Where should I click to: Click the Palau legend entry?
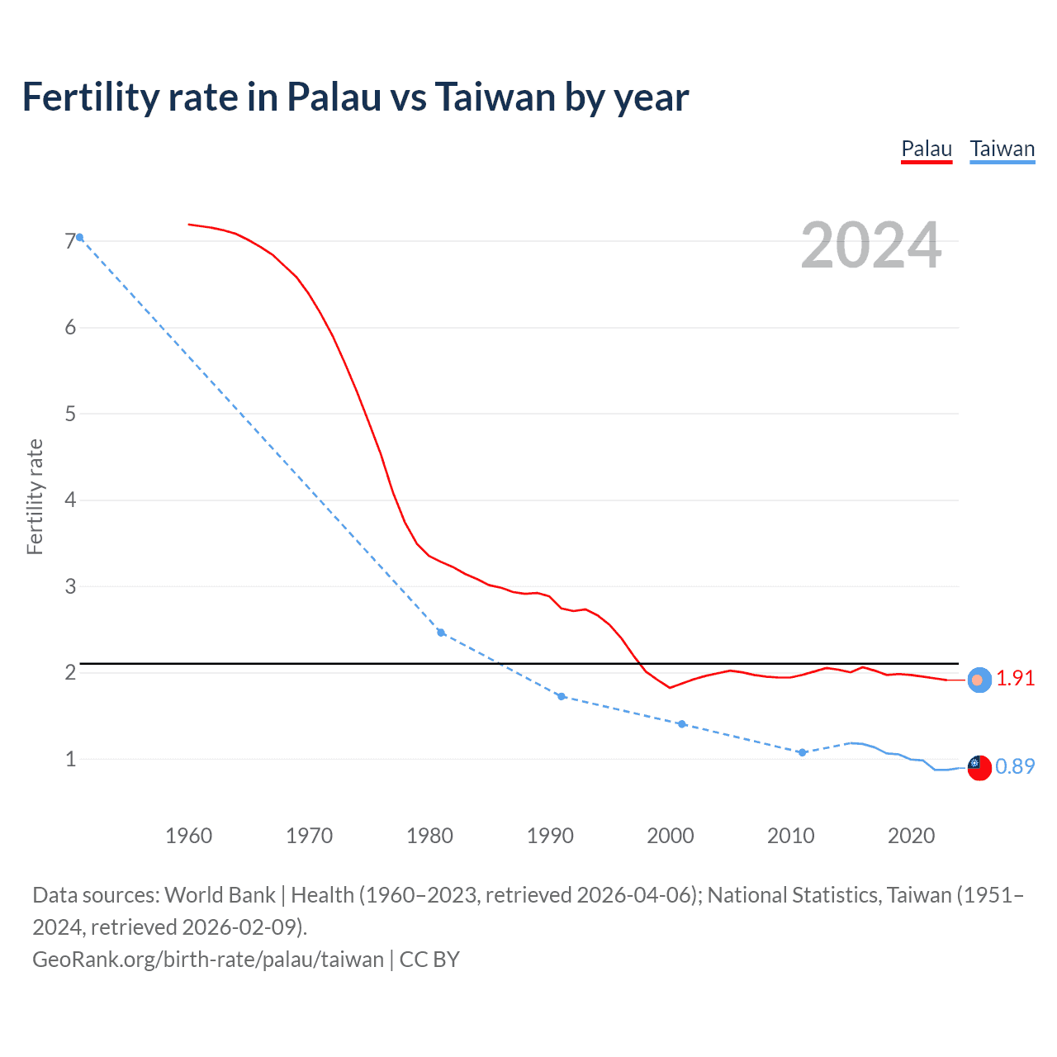[927, 149]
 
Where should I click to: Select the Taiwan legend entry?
[1002, 149]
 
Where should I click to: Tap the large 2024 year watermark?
[871, 245]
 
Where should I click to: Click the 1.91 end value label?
[1015, 678]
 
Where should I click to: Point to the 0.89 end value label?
[1015, 766]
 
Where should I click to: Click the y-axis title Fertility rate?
[35, 496]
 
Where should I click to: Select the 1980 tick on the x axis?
[429, 836]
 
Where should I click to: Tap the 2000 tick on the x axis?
[671, 836]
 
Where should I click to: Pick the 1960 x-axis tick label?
[189, 836]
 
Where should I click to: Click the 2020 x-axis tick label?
[911, 836]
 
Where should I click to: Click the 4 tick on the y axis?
[70, 500]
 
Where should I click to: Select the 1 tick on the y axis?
[70, 759]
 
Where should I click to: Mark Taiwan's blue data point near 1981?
[441, 633]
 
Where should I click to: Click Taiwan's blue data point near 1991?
[562, 696]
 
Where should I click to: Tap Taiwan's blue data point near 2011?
[802, 752]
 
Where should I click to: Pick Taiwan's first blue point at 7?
[79, 237]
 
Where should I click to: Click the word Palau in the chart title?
[334, 97]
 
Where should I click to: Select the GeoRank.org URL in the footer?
[208, 960]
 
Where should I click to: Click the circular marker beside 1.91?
[979, 680]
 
